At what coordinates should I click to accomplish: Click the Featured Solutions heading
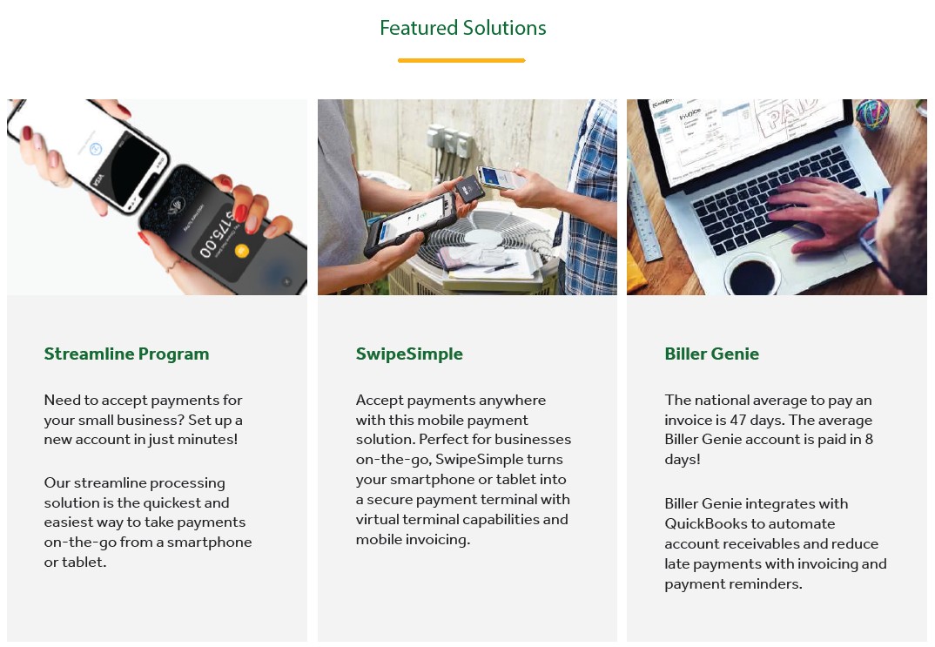pyautogui.click(x=462, y=28)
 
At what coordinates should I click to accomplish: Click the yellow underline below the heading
pyautogui.click(x=461, y=60)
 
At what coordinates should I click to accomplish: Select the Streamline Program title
pyautogui.click(x=126, y=354)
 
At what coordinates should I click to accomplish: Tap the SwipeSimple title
pyautogui.click(x=409, y=354)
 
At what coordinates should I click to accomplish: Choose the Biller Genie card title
pyautogui.click(x=711, y=354)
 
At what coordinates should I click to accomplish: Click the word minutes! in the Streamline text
pyautogui.click(x=207, y=439)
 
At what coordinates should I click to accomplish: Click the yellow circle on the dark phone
pyautogui.click(x=241, y=252)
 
